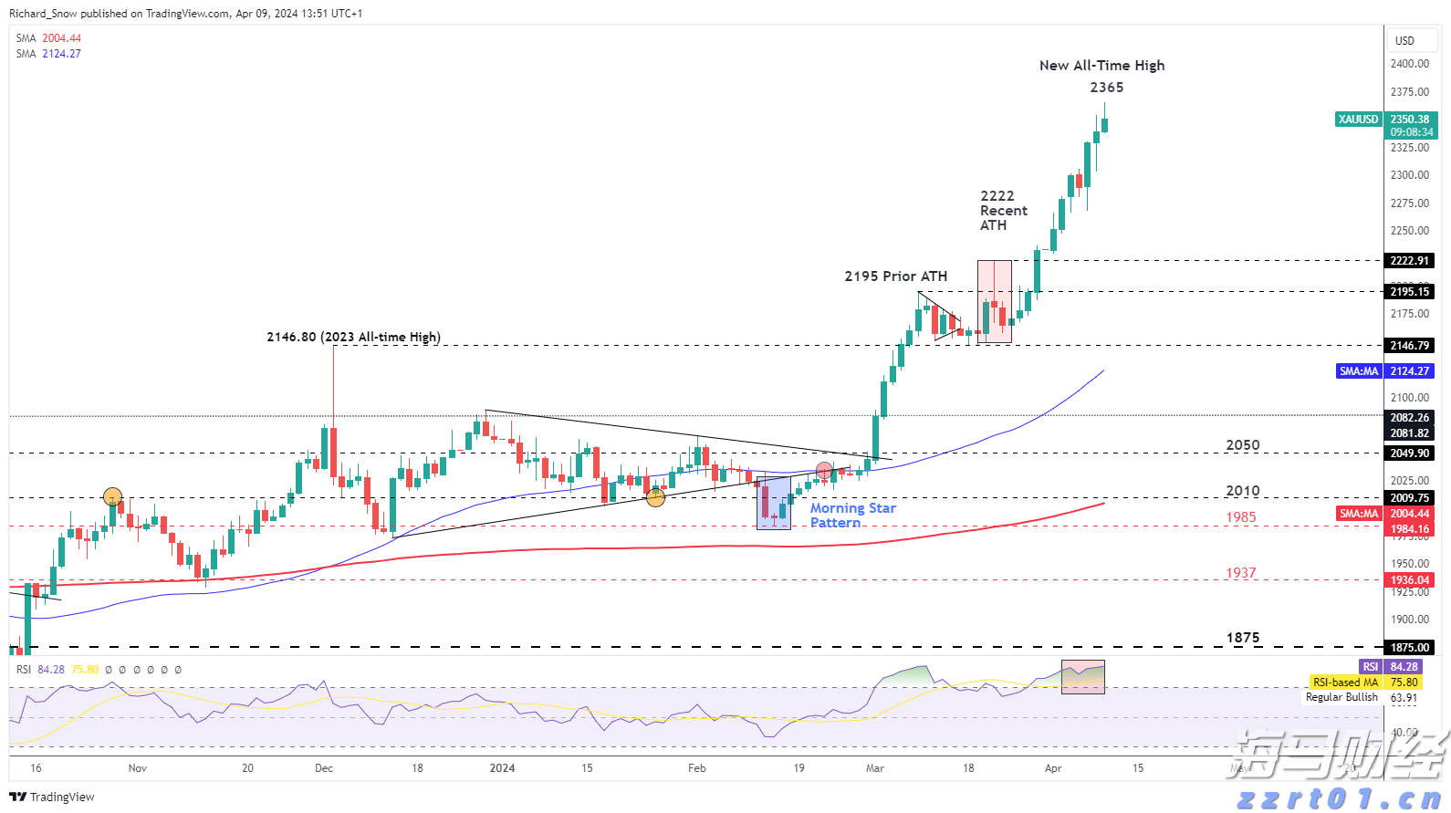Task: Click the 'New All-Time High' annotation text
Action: (x=1101, y=66)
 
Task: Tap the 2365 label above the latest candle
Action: (x=1106, y=88)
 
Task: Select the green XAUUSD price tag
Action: (x=1358, y=120)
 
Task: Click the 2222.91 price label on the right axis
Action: (x=1409, y=261)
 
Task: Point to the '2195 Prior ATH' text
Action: (x=895, y=276)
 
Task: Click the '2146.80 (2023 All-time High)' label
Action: (x=353, y=337)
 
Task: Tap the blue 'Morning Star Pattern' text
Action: (x=852, y=516)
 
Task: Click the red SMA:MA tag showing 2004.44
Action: (x=1359, y=514)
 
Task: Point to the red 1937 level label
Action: (x=1240, y=573)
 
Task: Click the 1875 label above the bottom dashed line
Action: (x=1242, y=638)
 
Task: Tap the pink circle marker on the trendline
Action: (x=824, y=471)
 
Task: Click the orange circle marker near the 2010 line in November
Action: (x=112, y=497)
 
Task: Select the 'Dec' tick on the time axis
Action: (x=324, y=768)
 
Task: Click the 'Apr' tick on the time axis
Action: (x=1053, y=768)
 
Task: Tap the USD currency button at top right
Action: (x=1404, y=41)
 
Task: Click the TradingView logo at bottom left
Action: (x=52, y=797)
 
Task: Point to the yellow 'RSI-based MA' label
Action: (x=1345, y=683)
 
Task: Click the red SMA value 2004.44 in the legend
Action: (x=61, y=38)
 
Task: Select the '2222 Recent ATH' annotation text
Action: (x=1003, y=211)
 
